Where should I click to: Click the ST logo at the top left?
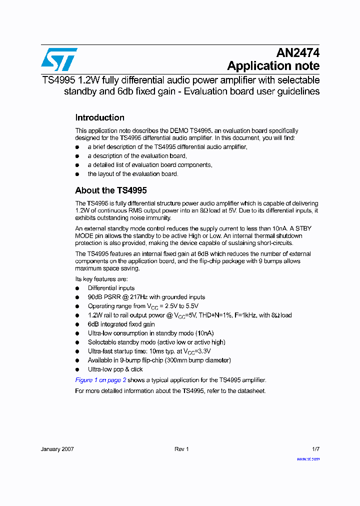(x=59, y=59)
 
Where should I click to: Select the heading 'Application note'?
(x=273, y=66)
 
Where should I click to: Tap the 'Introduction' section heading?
(x=99, y=118)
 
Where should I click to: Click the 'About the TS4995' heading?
(x=110, y=190)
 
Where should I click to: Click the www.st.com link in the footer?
(x=308, y=458)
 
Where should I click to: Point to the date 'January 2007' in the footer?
(x=57, y=449)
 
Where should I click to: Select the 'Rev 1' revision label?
(x=181, y=449)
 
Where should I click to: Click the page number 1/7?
(x=315, y=449)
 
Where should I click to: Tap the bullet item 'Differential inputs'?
(x=111, y=288)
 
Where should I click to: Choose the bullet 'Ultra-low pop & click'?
(x=115, y=369)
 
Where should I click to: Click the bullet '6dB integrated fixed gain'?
(x=121, y=324)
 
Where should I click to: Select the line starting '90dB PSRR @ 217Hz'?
(x=146, y=297)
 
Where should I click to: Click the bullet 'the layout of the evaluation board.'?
(x=132, y=174)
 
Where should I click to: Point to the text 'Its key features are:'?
(x=101, y=279)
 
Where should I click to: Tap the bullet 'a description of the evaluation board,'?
(x=137, y=156)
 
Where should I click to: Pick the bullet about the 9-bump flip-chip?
(x=159, y=360)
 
